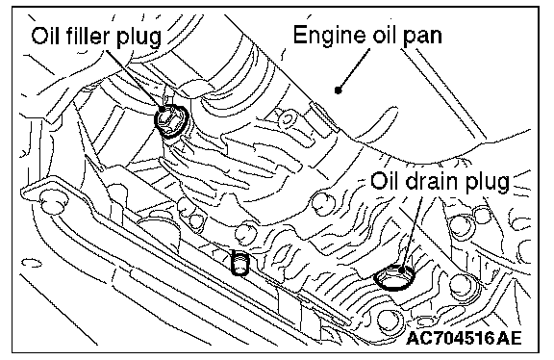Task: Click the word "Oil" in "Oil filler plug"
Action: (44, 36)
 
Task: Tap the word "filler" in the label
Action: (87, 35)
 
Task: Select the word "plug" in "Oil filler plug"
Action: (138, 38)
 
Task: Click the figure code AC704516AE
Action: (464, 338)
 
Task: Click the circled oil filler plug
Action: (171, 119)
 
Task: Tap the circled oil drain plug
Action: (394, 277)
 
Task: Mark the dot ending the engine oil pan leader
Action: (339, 90)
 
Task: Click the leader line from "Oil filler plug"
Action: (135, 79)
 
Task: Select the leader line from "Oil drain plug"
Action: (412, 233)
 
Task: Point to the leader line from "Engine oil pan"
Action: (354, 68)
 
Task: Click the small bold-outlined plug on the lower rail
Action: (239, 263)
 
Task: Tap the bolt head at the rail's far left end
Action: (53, 202)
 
